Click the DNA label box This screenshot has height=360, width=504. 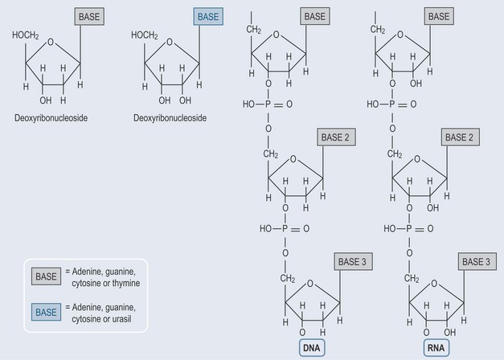pyautogui.click(x=312, y=347)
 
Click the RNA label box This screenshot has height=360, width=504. pyautogui.click(x=436, y=347)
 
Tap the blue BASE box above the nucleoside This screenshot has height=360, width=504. pyautogui.click(x=208, y=17)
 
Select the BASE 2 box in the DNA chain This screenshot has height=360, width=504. pyautogui.click(x=336, y=137)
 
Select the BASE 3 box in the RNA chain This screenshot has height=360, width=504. pyautogui.click(x=477, y=261)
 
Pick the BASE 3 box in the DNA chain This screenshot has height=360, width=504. pyautogui.click(x=353, y=261)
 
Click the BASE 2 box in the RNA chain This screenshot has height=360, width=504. pyautogui.click(x=461, y=137)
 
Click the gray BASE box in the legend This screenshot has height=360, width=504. pyautogui.click(x=46, y=276)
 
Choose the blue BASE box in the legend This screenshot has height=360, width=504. pyautogui.click(x=46, y=312)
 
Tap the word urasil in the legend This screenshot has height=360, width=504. pyautogui.click(x=121, y=319)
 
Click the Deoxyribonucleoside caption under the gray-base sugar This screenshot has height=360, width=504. pyautogui.click(x=51, y=118)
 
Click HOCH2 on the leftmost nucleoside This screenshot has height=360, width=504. pyautogui.click(x=26, y=35)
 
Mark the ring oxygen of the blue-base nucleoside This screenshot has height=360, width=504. pyautogui.click(x=170, y=42)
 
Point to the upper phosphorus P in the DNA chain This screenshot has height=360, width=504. pyautogui.click(x=268, y=104)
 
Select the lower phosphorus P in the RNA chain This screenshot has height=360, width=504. pyautogui.click(x=409, y=228)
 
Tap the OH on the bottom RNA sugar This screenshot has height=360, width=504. pyautogui.click(x=449, y=332)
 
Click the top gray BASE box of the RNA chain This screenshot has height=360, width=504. pyautogui.click(x=439, y=16)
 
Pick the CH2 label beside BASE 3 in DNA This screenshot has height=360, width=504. pyautogui.click(x=287, y=278)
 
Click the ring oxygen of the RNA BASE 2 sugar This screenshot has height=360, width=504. pyautogui.click(x=417, y=159)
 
